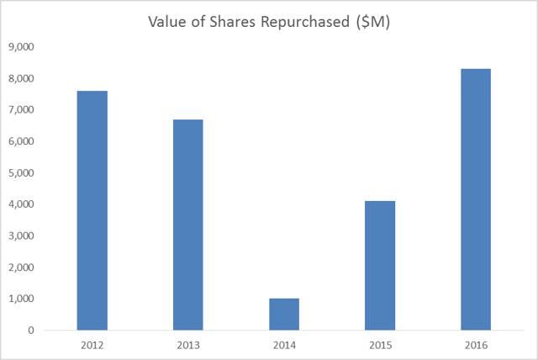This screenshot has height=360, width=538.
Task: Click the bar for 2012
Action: [92, 210]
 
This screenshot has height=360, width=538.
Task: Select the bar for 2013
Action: [187, 225]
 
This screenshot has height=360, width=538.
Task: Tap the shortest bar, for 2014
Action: [284, 314]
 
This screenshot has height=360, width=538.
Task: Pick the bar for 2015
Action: [380, 265]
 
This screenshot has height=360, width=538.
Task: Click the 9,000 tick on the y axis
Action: [20, 47]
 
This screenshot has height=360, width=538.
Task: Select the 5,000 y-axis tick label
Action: [20, 173]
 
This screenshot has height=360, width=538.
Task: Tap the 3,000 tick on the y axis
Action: [20, 236]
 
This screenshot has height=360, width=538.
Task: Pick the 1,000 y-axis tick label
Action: [20, 299]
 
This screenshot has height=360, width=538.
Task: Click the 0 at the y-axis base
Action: [29, 331]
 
